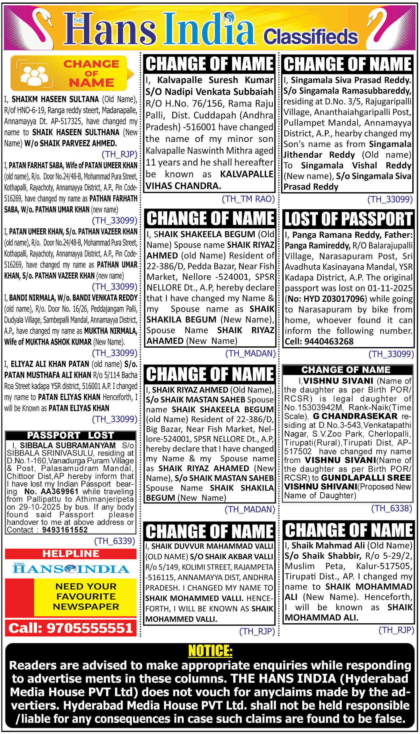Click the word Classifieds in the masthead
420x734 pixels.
311,37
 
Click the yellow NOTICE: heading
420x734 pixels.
210,651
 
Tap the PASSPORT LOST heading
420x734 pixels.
71,435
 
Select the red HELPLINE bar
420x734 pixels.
71,554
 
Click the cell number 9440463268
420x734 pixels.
329,342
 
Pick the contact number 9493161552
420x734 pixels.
65,530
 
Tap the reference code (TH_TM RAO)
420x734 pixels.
248,199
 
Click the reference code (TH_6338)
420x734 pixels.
391,508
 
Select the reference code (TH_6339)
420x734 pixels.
115,541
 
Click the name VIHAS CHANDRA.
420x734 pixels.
183,186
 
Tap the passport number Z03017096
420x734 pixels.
344,299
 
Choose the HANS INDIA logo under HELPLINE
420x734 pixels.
71,569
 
